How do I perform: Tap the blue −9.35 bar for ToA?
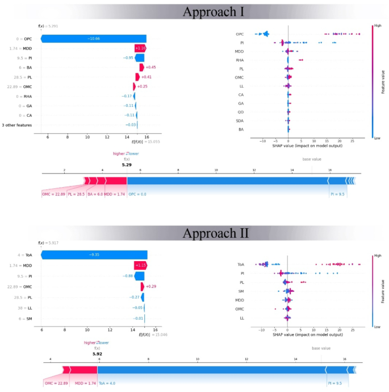(94, 254)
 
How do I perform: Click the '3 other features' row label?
(16, 125)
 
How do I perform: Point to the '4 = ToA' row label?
(23, 254)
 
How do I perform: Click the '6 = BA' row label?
(24, 67)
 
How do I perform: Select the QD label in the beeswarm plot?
(240, 112)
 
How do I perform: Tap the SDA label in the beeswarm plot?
(240, 121)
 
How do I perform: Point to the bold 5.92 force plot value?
(97, 353)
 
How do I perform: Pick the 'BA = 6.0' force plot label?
(95, 194)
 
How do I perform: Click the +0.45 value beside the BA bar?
(151, 67)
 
